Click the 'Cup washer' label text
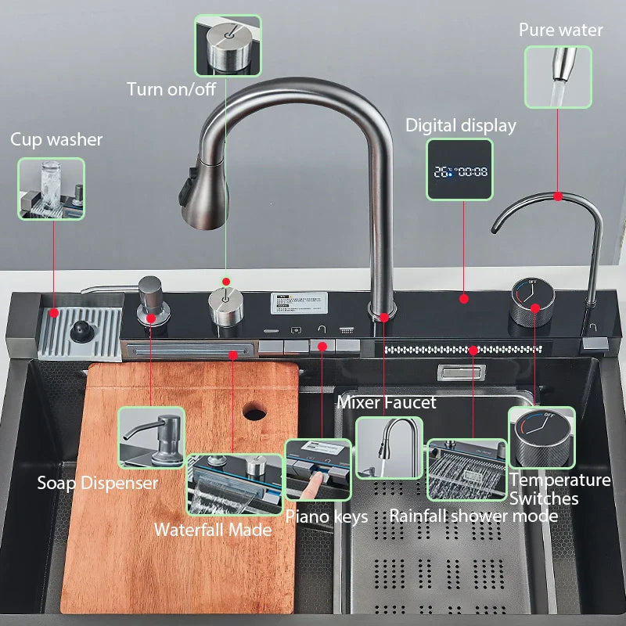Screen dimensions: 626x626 [x=56, y=140]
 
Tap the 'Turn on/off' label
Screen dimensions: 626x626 [x=171, y=89]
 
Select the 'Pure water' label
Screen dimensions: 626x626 [x=561, y=31]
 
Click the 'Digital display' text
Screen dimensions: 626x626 [x=461, y=125]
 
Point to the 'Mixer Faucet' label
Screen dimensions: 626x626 [x=386, y=402]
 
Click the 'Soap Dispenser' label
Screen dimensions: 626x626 [x=98, y=483]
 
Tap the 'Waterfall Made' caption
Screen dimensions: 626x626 [x=213, y=529]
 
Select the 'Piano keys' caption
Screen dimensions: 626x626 [x=326, y=516]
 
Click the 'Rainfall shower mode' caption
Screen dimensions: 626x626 [x=473, y=516]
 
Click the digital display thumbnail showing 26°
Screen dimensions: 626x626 [x=459, y=170]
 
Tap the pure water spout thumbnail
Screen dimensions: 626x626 [x=557, y=77]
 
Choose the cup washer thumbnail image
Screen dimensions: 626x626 [x=52, y=189]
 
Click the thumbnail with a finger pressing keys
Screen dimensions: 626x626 [x=318, y=469]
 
